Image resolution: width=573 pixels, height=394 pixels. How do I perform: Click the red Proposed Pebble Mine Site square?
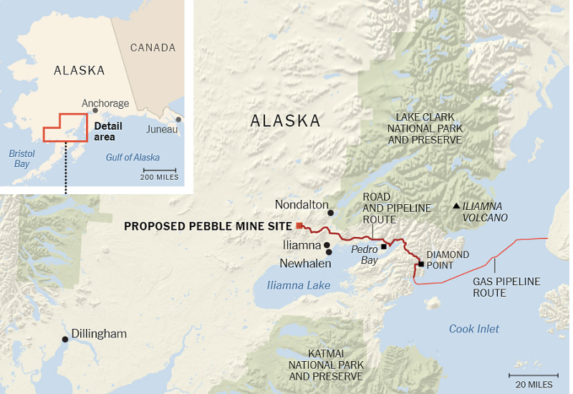299,226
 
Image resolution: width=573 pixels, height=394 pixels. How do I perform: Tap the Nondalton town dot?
331,213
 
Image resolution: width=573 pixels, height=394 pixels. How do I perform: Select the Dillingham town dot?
65,339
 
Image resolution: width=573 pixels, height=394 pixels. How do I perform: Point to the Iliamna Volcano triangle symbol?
456,206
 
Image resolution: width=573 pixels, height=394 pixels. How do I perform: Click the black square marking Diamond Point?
420,264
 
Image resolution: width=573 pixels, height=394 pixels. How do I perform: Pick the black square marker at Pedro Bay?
384,246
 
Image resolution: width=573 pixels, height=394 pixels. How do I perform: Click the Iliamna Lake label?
298,285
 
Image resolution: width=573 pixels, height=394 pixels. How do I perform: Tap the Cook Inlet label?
473,329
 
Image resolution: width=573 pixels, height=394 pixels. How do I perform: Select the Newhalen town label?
305,264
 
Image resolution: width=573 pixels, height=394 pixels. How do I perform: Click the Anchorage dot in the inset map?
95,110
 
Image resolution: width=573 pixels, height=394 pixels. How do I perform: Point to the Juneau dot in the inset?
178,120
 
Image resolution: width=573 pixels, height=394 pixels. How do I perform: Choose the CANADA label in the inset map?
153,48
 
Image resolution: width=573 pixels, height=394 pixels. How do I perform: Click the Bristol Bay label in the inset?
22,158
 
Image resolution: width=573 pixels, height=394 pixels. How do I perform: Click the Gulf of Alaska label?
133,158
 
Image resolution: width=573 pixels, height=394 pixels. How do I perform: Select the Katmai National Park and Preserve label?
326,365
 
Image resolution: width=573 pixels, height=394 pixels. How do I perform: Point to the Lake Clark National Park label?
425,128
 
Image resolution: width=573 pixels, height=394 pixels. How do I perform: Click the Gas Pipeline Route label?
506,287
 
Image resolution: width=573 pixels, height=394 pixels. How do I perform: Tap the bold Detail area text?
108,131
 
